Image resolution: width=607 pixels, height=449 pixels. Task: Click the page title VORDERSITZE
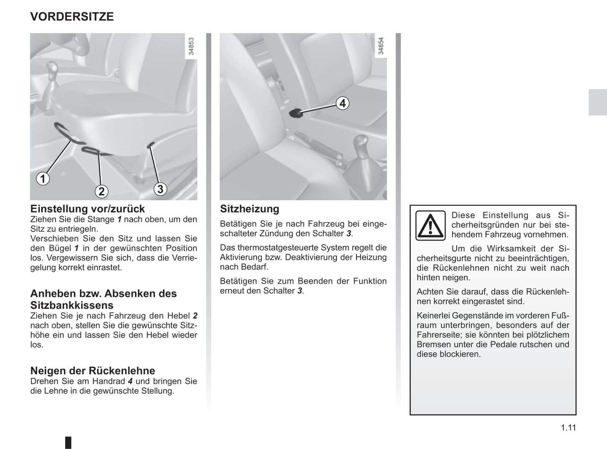tap(72, 17)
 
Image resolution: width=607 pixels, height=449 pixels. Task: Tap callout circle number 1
tap(42, 179)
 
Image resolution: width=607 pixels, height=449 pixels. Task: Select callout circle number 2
tap(101, 191)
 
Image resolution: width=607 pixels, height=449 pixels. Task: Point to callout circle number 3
tap(160, 189)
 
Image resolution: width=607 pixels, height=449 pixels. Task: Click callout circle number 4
tap(343, 103)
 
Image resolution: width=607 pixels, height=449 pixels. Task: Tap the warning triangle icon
tap(430, 226)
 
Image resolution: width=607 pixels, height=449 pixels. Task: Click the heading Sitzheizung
tap(250, 209)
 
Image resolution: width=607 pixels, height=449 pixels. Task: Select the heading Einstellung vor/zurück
tap(87, 209)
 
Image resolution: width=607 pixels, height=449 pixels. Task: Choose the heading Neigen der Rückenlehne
tap(92, 371)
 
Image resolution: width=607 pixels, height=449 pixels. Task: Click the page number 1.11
tap(568, 428)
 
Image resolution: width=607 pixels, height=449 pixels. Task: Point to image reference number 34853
tap(191, 47)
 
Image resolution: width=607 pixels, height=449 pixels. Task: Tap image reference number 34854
tap(381, 47)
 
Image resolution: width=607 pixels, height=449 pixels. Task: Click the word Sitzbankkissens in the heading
tap(72, 305)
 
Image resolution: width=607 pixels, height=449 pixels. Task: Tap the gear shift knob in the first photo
tap(52, 67)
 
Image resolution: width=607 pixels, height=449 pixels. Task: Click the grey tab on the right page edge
tap(597, 102)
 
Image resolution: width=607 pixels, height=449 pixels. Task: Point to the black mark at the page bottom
tap(68, 442)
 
